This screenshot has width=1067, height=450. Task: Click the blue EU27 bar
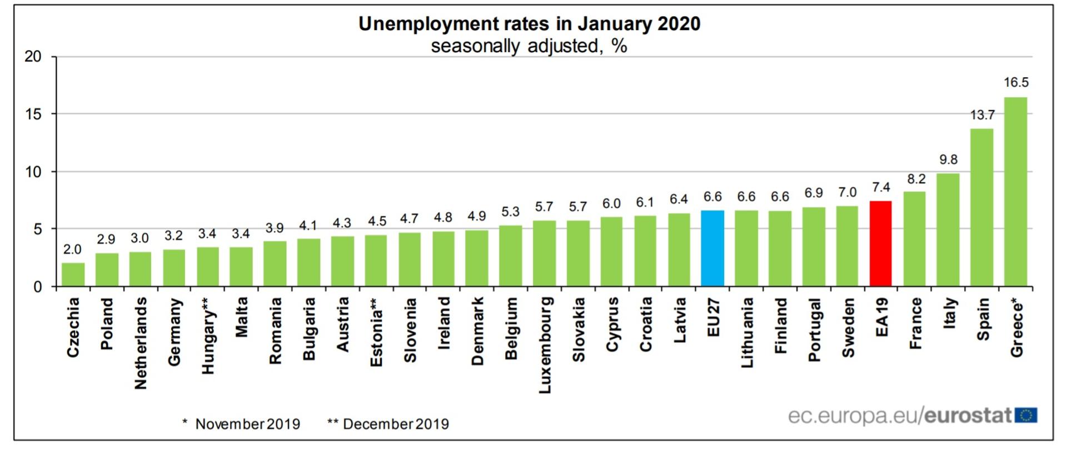point(712,248)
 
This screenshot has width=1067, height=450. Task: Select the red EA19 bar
point(881,244)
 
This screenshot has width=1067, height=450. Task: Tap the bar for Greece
point(1015,192)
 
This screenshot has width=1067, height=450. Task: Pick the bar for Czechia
point(73,274)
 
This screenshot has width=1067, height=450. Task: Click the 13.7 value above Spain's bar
point(982,115)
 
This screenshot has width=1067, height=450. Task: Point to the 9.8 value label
point(948,159)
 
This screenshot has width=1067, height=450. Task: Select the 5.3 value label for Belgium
point(510,212)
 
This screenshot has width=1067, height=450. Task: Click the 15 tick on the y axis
point(33,114)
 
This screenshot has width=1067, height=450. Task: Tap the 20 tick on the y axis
point(33,57)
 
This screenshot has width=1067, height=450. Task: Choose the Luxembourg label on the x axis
point(545,345)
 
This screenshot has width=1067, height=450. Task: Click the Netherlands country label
point(141,343)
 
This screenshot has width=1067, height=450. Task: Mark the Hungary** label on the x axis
point(208,334)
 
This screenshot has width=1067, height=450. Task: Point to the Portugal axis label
point(814,329)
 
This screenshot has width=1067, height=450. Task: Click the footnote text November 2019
point(247,424)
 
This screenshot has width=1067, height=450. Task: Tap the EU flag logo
point(1026,415)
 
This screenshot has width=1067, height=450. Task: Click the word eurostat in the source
point(968,416)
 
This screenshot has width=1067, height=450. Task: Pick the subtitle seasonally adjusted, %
point(529,46)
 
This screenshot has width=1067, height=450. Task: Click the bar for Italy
point(948,230)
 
